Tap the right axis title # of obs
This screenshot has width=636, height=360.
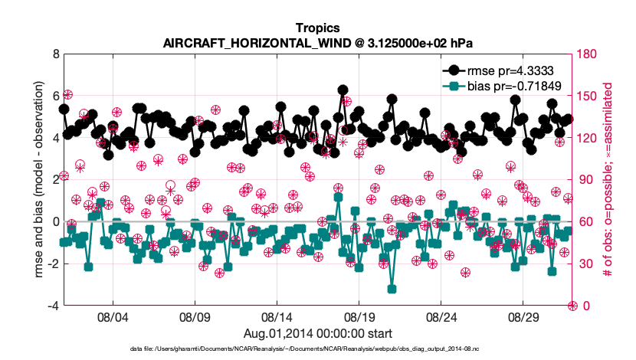click(x=607, y=180)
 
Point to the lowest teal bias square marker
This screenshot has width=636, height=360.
click(x=392, y=289)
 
